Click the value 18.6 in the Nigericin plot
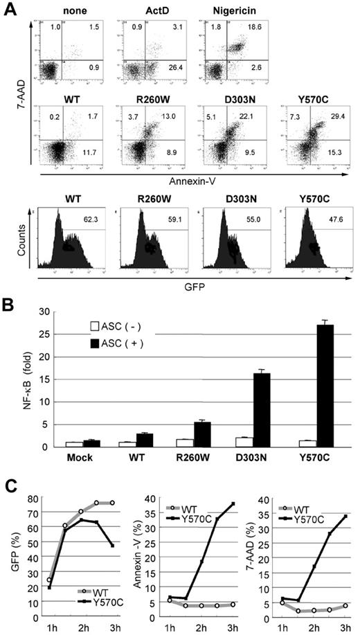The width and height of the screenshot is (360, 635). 254,26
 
